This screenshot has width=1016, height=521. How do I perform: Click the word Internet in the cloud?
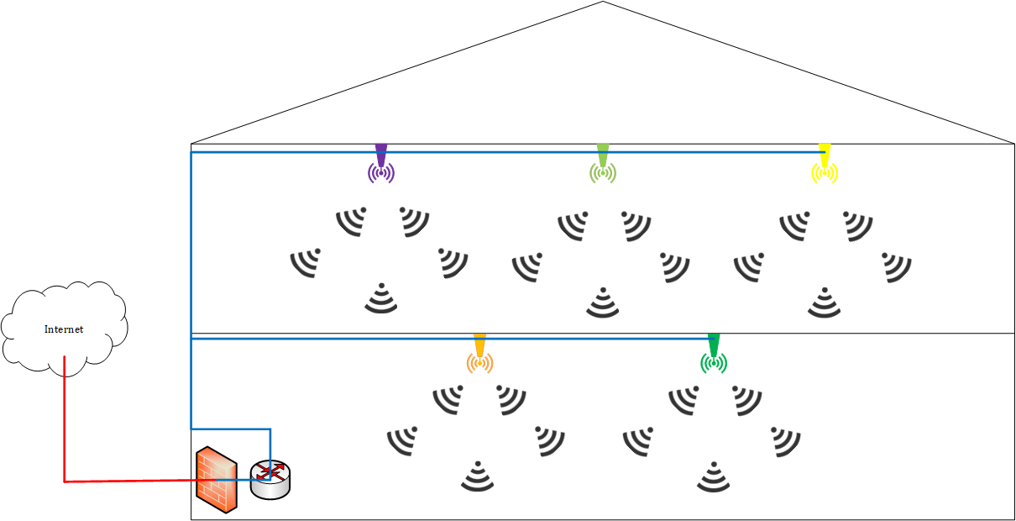pos(64,329)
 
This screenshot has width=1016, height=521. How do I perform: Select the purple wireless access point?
pos(381,166)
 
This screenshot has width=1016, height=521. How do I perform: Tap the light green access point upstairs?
pos(603,166)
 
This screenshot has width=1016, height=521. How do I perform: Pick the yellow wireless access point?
pos(825,166)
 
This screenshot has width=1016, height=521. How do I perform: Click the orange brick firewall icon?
pos(216,481)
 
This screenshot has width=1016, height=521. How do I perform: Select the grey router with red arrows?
pos(270,479)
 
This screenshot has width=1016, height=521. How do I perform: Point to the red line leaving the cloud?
pos(65,420)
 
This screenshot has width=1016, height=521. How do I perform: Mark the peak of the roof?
pos(603,3)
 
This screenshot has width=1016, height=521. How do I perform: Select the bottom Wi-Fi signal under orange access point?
pos(478,476)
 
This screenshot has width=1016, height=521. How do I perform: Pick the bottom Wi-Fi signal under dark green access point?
pos(714,476)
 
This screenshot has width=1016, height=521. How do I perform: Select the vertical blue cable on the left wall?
pos(191,252)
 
